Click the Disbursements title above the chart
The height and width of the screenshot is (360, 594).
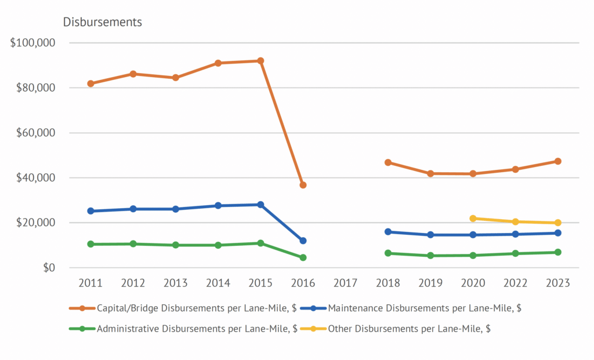[x=102, y=22]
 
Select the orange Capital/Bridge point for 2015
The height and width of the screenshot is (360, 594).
[x=260, y=61]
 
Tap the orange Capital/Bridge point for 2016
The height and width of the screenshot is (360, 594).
[x=303, y=185]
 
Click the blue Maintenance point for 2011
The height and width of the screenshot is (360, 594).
[x=90, y=211]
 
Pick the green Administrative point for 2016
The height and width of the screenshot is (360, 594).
[x=303, y=257]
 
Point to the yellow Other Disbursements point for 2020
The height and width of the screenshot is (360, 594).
[x=473, y=219]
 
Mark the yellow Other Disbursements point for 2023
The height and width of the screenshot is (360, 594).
[x=557, y=223]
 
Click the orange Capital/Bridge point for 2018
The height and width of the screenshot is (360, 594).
[x=387, y=162]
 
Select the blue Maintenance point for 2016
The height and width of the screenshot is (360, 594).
[x=303, y=241]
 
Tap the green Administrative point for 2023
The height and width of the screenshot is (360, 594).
[x=557, y=252]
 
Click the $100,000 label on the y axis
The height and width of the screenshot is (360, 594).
[x=32, y=43]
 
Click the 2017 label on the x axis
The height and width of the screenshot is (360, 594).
[x=345, y=283]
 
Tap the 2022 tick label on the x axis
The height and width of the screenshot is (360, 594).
[x=515, y=283]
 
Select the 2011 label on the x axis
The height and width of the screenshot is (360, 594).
[x=90, y=283]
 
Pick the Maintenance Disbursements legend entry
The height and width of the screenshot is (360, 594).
[x=424, y=308]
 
